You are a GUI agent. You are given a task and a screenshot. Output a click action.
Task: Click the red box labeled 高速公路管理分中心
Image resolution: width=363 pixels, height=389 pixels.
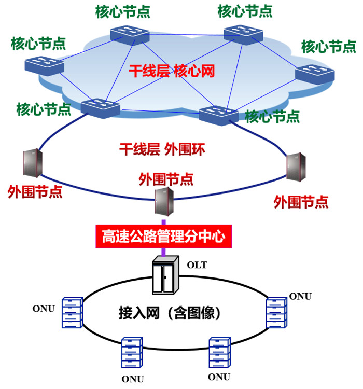click(163, 237)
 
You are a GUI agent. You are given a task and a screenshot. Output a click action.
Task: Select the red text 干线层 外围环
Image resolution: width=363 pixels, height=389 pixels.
click(163, 150)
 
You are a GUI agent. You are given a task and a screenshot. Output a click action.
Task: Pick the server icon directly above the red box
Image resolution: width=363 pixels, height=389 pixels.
click(163, 201)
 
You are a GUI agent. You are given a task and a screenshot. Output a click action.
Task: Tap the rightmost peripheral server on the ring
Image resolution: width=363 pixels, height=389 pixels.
click(295, 166)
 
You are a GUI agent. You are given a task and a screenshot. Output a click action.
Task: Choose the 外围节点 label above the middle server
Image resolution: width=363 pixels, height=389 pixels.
click(166, 179)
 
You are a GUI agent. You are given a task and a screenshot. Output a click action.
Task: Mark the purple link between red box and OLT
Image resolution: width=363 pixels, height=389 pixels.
click(164, 252)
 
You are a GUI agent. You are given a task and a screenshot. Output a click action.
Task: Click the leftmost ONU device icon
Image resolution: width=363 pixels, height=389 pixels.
click(72, 313)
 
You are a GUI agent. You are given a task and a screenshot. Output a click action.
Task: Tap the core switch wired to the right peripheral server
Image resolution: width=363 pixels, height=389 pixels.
click(218, 113)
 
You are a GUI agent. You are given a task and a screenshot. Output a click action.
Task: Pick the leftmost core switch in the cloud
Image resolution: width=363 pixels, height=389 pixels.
click(44, 66)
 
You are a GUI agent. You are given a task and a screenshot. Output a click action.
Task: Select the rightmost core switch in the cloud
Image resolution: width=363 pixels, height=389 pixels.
click(314, 73)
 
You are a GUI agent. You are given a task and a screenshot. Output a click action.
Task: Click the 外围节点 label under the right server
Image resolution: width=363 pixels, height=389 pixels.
click(301, 202)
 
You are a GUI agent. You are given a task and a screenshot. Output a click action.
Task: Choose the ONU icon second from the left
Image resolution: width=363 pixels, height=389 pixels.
click(132, 353)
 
